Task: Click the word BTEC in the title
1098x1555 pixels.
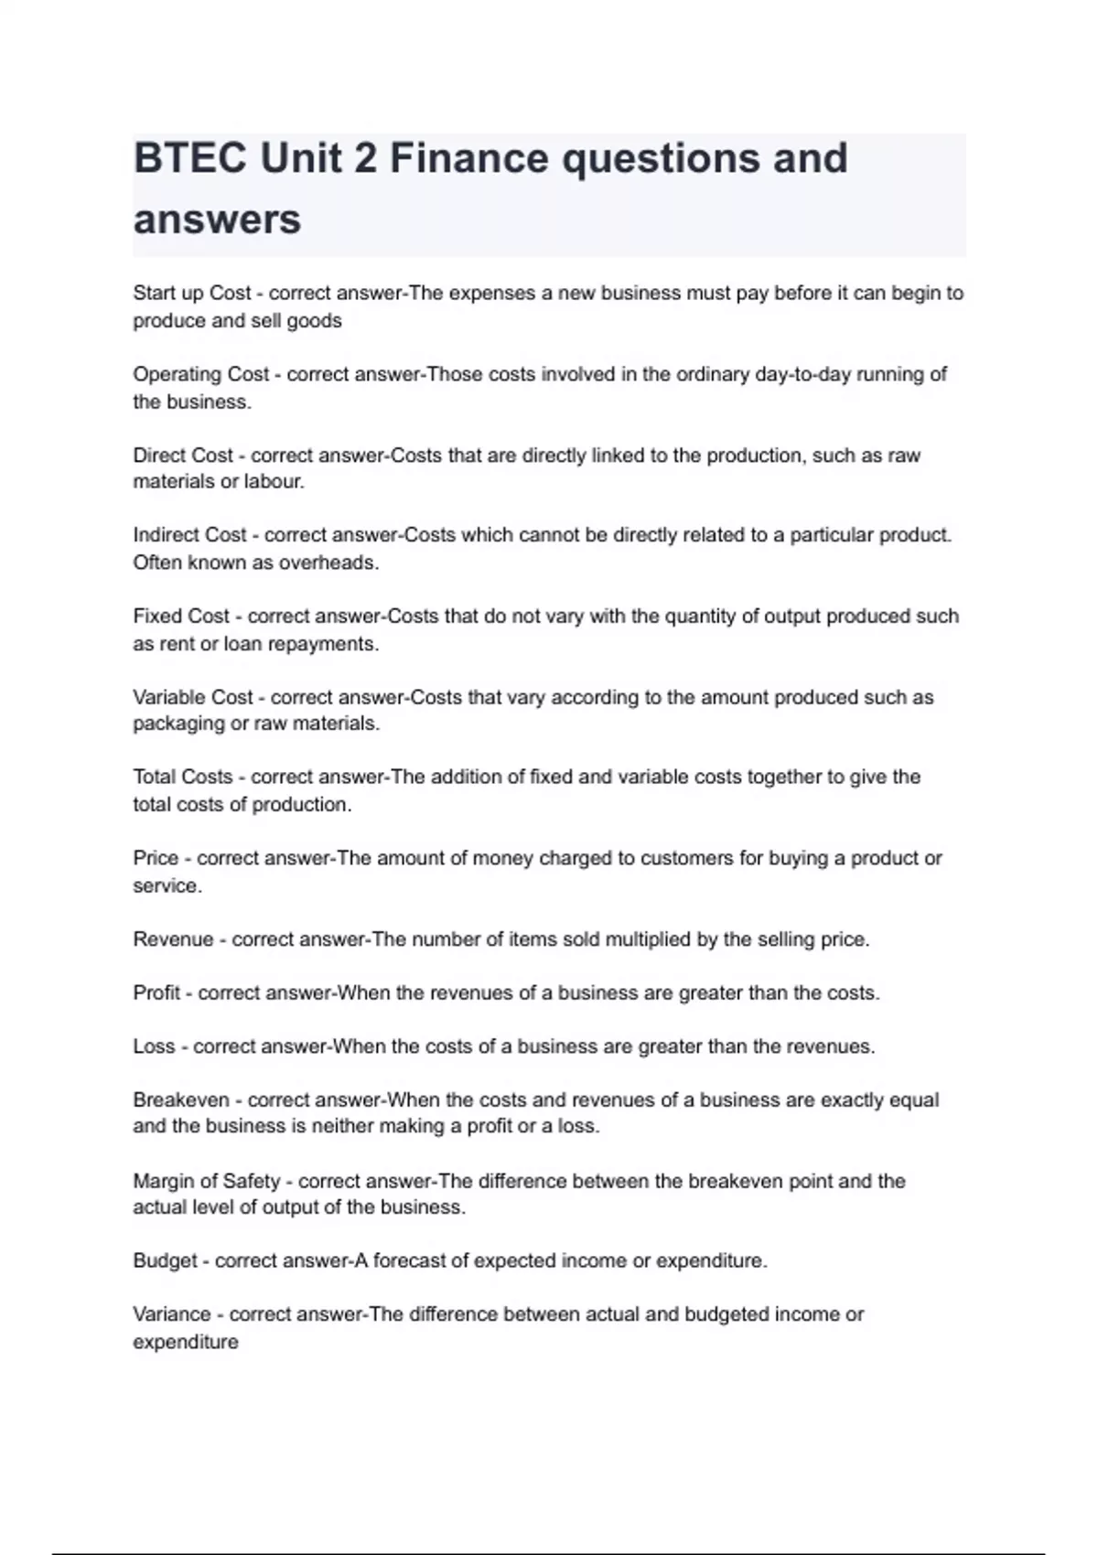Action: [x=189, y=159]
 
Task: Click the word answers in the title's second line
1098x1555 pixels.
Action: [x=217, y=220]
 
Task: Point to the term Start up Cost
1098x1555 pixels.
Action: [x=191, y=294]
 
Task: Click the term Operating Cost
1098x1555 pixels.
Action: [x=201, y=374]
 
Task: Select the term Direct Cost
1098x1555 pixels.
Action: [x=183, y=456]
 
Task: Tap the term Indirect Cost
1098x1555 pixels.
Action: [x=189, y=535]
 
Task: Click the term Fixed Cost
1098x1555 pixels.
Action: [x=181, y=617]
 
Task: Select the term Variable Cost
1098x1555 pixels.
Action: [x=192, y=697]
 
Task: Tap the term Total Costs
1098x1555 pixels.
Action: [x=183, y=777]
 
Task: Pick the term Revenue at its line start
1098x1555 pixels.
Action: [x=173, y=939]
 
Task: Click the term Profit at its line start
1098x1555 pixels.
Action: [x=156, y=993]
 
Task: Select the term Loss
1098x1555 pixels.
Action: [x=154, y=1046]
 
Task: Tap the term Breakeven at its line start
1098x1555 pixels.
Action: [x=181, y=1100]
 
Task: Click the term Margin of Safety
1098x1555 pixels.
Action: [x=207, y=1181]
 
